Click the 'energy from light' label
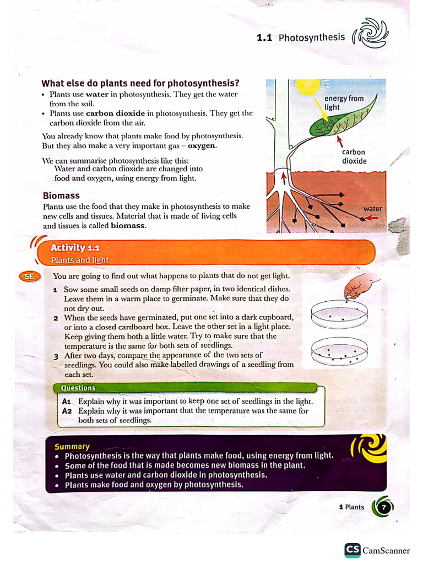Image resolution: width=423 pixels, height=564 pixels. click(343, 102)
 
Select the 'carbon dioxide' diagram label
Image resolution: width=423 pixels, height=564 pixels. click(354, 156)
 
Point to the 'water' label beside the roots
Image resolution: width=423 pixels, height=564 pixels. click(372, 209)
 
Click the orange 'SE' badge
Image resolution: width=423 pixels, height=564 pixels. click(29, 277)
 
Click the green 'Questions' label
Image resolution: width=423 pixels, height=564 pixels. click(78, 388)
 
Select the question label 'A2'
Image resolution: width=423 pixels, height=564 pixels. click(67, 411)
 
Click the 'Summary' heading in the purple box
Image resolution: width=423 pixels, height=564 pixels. click(72, 447)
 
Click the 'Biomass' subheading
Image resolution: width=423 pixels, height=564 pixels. click(61, 196)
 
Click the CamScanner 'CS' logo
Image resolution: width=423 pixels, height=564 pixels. click(352, 550)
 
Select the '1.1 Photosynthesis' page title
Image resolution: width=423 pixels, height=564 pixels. click(301, 37)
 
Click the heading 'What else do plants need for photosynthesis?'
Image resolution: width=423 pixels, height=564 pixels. click(140, 84)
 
